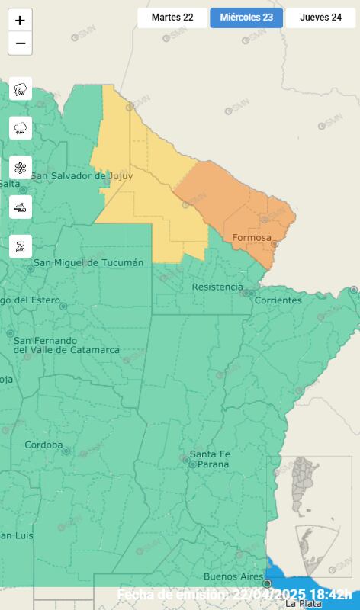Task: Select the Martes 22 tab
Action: [x=172, y=18]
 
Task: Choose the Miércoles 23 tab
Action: [x=246, y=18]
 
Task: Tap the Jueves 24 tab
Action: [x=320, y=18]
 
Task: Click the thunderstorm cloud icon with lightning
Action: [x=21, y=89]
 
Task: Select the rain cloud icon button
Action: [x=21, y=127]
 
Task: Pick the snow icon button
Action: [x=21, y=167]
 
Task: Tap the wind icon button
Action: [x=21, y=207]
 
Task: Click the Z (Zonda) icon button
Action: [x=21, y=246]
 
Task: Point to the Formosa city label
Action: [x=251, y=238]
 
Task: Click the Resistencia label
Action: [x=217, y=287]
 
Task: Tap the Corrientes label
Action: [x=278, y=300]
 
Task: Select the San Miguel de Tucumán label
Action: [x=88, y=263]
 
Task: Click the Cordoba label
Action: [x=43, y=445]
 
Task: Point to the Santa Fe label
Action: [x=208, y=454]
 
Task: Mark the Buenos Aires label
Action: [x=231, y=576]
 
